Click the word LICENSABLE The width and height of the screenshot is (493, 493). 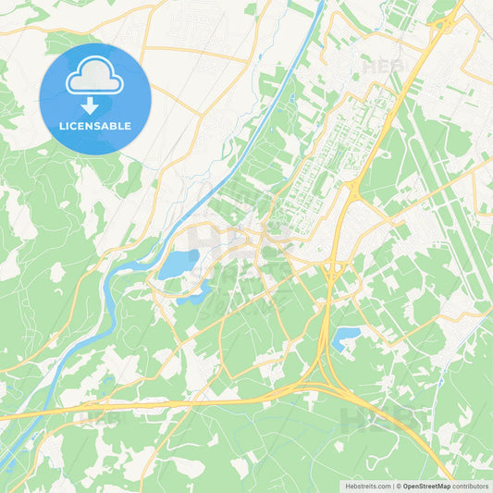click(x=95, y=126)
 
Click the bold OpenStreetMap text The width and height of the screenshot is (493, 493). click(x=425, y=486)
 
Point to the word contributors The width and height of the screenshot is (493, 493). click(x=470, y=486)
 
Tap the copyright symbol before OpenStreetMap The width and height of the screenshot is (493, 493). click(x=399, y=486)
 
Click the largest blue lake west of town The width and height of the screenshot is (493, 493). click(x=177, y=265)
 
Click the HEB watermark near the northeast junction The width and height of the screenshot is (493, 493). click(x=383, y=67)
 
